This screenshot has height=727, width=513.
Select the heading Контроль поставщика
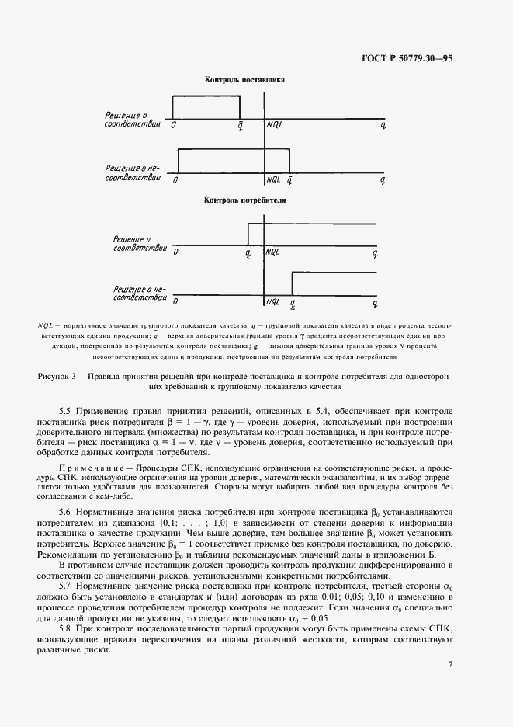[244, 79]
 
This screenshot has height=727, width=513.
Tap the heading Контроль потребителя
[244, 200]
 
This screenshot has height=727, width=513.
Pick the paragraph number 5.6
[66, 513]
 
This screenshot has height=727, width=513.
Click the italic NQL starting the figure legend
[46, 324]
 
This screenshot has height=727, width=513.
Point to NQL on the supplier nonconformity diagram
[273, 180]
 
